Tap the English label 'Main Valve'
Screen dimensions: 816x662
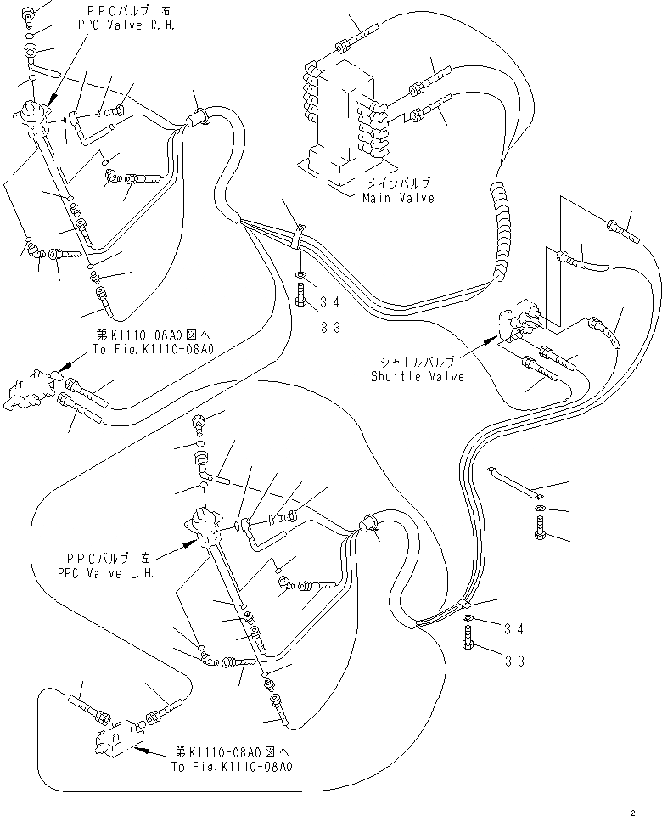pyautogui.click(x=398, y=198)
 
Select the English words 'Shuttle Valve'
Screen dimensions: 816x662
pyautogui.click(x=418, y=376)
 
